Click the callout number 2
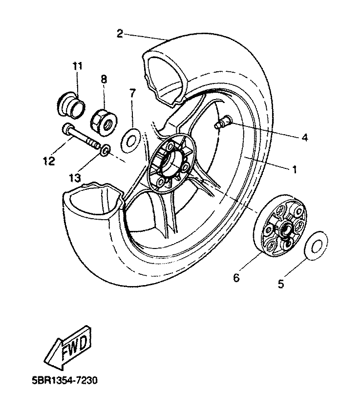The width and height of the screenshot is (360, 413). tap(120, 34)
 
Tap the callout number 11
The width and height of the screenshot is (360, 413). tap(78, 65)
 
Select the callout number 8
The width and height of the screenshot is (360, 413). tap(104, 79)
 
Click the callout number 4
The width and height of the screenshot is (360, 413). tap(305, 137)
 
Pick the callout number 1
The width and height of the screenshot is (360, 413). tap(295, 169)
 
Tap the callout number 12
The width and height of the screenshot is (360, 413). tap(49, 161)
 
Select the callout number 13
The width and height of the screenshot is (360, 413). tap(75, 178)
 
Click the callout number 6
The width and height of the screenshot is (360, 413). tap(236, 277)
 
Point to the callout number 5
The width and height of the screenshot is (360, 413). tap(281, 284)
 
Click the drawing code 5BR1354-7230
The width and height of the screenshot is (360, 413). tap(65, 380)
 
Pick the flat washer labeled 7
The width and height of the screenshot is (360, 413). tap(130, 141)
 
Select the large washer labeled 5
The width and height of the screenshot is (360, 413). tap(316, 246)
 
